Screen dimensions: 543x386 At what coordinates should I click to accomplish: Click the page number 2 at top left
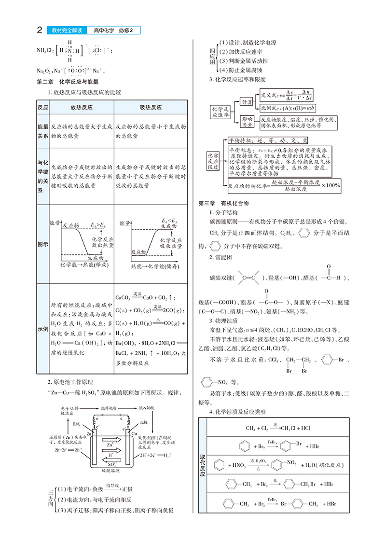(x=40, y=31)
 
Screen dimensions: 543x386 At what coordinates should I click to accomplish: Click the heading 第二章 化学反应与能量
(x=68, y=82)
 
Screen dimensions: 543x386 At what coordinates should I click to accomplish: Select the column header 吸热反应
(x=151, y=107)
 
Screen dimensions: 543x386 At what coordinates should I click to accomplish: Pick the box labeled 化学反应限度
(x=213, y=161)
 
